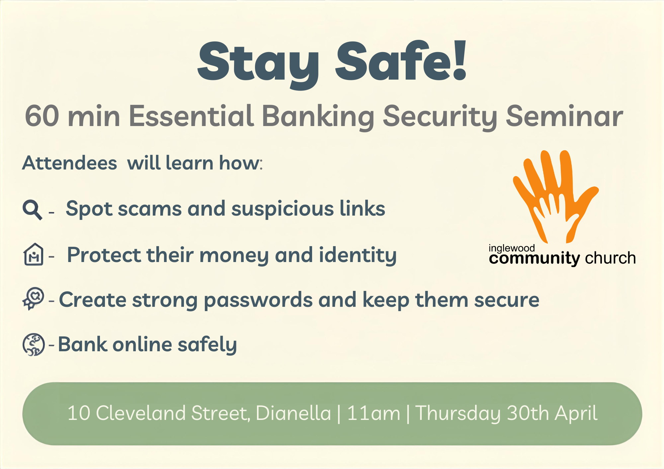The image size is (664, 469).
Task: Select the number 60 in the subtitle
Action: pos(42,116)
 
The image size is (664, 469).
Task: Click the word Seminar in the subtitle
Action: pos(564,116)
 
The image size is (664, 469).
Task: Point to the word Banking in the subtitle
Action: pos(318,117)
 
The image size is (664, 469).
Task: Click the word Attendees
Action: pos(70,163)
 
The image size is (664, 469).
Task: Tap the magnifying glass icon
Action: pos(32,210)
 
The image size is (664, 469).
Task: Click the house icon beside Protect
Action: pos(33,254)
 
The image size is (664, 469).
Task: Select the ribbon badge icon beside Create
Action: pos(33,299)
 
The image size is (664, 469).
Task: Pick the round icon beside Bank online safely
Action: pos(34,345)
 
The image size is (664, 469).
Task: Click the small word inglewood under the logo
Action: pos(512,248)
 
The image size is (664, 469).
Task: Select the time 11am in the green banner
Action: pos(373,414)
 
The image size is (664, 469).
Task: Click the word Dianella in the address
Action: pos(293,413)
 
